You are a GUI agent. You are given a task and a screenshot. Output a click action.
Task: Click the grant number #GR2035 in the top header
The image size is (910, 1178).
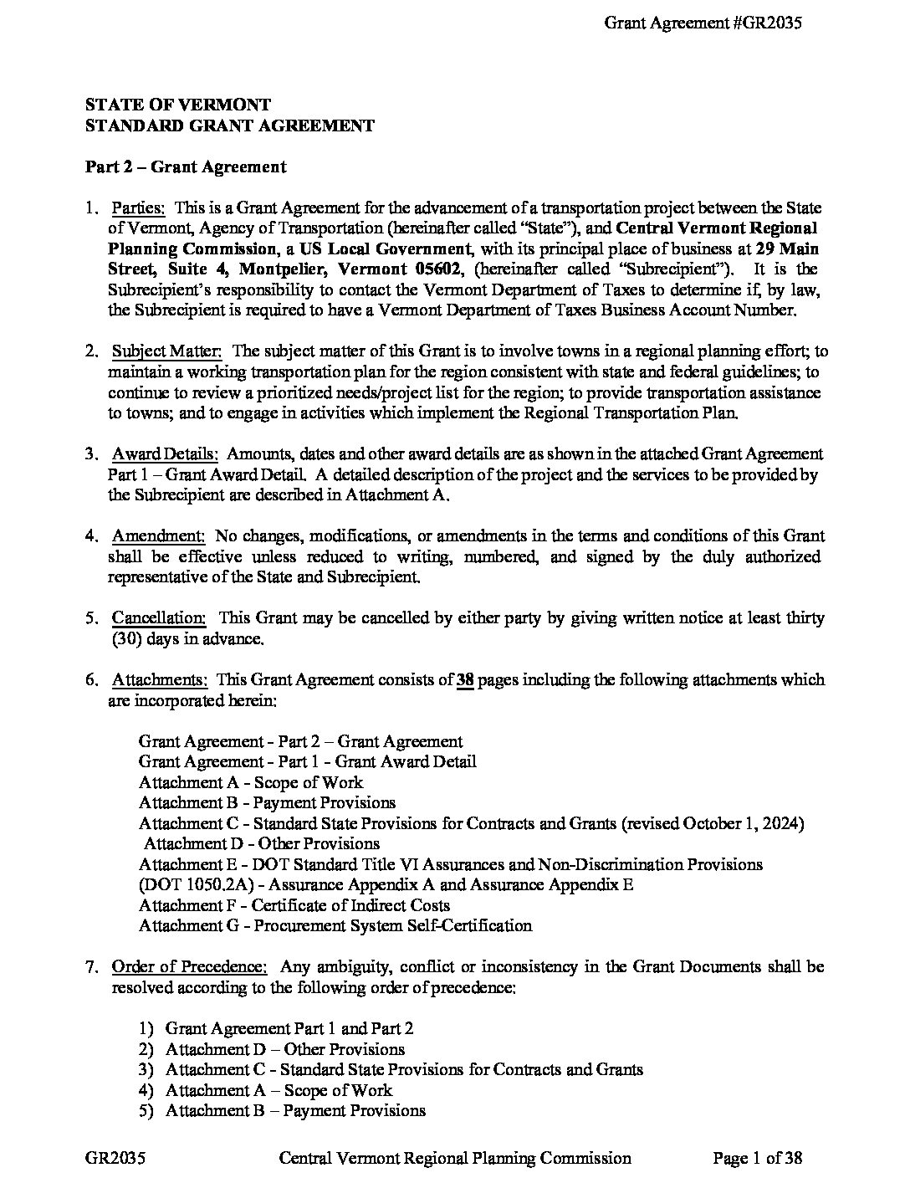click(x=767, y=23)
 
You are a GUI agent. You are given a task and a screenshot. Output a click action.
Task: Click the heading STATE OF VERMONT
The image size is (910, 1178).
click(x=178, y=105)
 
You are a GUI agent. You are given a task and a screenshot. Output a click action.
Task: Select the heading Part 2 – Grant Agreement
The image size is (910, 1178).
click(x=186, y=166)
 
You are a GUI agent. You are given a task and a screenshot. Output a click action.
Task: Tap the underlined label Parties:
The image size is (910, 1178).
click(x=139, y=207)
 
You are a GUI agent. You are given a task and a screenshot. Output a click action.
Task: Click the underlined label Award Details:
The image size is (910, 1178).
click(x=166, y=454)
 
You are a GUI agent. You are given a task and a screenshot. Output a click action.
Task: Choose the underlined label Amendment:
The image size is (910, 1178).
click(x=159, y=536)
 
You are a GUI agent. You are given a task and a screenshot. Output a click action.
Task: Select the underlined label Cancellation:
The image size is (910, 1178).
click(x=159, y=618)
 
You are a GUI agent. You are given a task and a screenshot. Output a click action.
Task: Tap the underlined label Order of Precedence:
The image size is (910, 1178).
click(x=190, y=967)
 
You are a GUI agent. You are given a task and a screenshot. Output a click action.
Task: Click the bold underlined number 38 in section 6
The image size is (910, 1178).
click(x=466, y=679)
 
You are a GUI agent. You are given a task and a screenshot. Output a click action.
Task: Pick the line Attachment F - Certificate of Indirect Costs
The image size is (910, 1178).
click(x=294, y=905)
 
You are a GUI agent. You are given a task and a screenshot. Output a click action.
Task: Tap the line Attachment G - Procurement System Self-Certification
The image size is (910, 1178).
click(x=335, y=926)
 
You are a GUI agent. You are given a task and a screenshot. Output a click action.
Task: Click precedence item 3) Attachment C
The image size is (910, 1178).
click(x=404, y=1070)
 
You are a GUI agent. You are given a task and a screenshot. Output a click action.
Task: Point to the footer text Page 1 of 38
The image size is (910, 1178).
click(x=758, y=1158)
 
